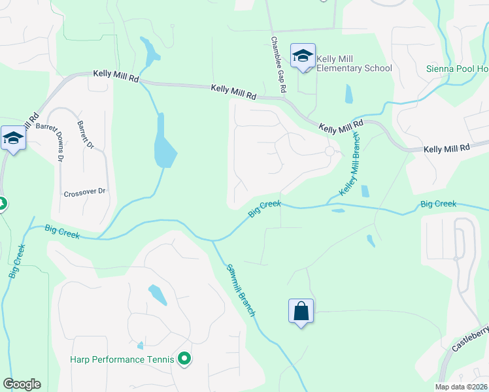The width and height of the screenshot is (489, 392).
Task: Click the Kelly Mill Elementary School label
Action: click(x=354, y=64)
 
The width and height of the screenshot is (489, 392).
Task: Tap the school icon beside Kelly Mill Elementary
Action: click(x=303, y=56)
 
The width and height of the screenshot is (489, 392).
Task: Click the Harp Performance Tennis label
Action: click(x=122, y=359)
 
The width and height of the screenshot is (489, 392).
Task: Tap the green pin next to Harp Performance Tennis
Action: click(x=184, y=358)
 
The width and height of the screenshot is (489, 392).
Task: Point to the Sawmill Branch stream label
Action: click(x=241, y=290)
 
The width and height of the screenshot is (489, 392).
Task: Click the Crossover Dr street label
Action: click(x=84, y=193)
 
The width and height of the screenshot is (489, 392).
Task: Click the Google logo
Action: click(x=22, y=384)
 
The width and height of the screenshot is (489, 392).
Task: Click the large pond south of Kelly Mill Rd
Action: click(x=163, y=147)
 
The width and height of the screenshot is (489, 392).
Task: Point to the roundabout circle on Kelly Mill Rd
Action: click(x=329, y=151)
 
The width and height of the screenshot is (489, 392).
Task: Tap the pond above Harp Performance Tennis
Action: click(x=157, y=295)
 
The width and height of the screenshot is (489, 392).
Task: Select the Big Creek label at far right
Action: click(x=438, y=204)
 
